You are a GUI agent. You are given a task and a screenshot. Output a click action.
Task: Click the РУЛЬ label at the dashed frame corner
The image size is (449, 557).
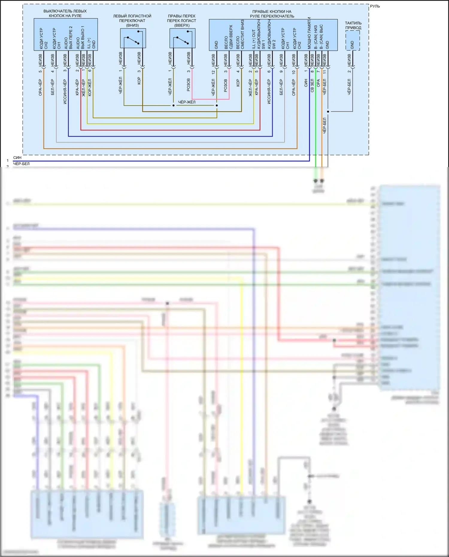pos(375,6)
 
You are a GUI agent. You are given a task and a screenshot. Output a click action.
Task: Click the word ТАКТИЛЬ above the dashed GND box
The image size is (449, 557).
pos(353,23)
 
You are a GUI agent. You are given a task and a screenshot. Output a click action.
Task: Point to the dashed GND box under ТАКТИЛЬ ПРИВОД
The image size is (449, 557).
pos(353,41)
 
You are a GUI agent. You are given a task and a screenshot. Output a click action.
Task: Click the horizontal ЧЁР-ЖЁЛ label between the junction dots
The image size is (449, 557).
pos(187,102)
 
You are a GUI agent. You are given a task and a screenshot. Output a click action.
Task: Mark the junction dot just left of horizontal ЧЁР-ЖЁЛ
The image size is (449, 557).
pos(173,105)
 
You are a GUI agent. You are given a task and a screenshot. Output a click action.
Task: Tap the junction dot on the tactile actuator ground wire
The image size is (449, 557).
pos(328,112)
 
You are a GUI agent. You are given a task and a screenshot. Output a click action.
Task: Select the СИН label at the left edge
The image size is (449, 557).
pos(17,157)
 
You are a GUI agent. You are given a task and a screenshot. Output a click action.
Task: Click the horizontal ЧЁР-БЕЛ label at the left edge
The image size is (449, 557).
pos(22,164)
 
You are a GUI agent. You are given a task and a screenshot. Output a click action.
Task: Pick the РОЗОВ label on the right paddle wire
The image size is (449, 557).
pos(189,85)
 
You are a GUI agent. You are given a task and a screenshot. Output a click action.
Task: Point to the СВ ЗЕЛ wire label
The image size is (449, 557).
pos(312,86)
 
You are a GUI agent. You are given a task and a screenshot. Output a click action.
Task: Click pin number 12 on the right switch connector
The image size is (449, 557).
pos(213,72)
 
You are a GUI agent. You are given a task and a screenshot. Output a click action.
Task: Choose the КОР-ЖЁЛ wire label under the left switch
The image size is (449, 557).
pos(90,87)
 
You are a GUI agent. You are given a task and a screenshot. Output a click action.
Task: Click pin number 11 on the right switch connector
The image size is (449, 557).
pos(325,72)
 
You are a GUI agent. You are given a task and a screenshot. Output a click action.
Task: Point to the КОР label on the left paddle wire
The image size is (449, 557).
pos(139,81)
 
